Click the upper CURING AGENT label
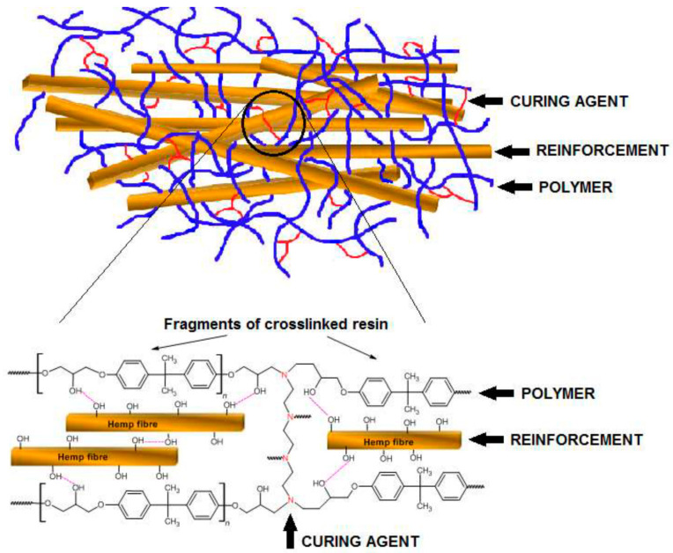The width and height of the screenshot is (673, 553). pyautogui.click(x=568, y=101)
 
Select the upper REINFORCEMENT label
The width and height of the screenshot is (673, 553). pyautogui.click(x=602, y=151)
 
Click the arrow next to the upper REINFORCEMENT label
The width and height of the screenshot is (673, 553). pyautogui.click(x=510, y=151)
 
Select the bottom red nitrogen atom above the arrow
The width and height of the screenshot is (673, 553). pyautogui.click(x=290, y=502)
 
